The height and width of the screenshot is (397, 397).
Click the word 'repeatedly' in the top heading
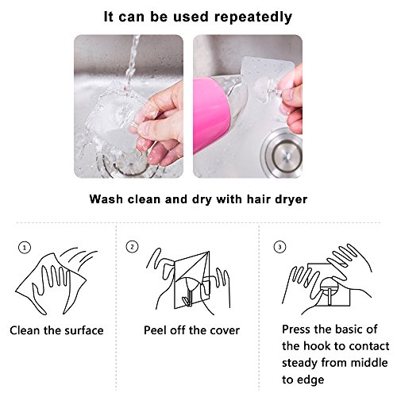click(252, 17)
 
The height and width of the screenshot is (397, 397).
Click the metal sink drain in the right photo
click(282, 153)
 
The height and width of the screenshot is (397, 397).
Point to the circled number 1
click(25, 248)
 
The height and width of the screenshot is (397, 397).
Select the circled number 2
click(132, 247)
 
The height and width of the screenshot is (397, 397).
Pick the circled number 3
click(279, 247)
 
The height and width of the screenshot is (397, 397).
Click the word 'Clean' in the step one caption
click(25, 330)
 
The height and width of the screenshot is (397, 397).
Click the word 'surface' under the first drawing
click(84, 330)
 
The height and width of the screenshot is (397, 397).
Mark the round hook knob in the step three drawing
click(329, 285)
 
